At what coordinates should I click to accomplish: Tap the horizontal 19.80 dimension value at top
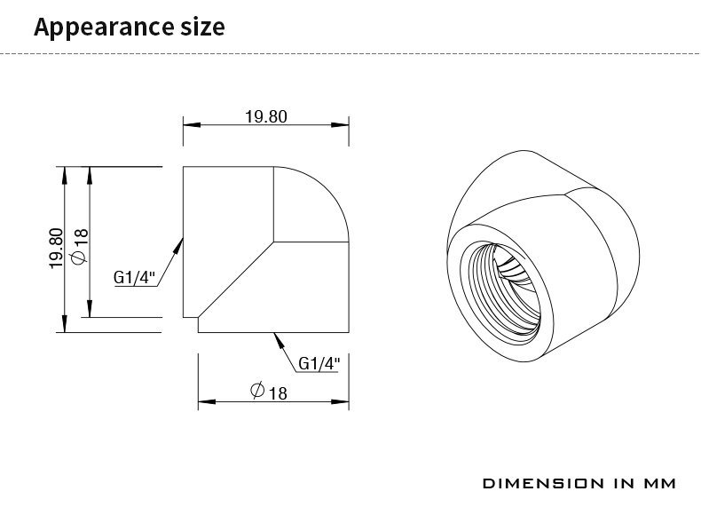[266, 116]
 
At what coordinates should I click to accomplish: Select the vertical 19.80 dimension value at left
[56, 248]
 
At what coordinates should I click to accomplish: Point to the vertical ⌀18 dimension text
[80, 246]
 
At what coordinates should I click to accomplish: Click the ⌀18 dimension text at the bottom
[268, 391]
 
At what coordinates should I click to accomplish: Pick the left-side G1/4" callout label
[134, 277]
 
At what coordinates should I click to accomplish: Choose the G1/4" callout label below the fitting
[319, 363]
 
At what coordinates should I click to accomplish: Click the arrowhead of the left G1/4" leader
[179, 245]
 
